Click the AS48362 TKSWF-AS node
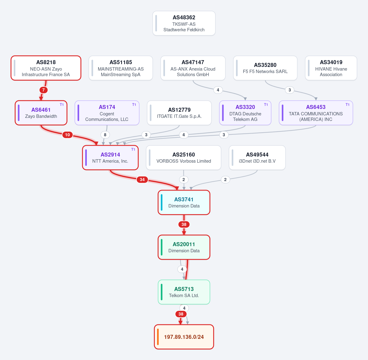pos(184,23)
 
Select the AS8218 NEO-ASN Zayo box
pos(46,68)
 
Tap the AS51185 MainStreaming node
pos(121,68)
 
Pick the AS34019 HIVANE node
pos(331,68)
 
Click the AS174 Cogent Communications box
pos(107,113)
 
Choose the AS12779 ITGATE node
pos(179,113)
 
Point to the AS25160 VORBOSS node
pos(183,158)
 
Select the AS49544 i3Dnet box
pos(257,158)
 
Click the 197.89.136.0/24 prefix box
pos(184,337)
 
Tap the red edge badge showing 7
pos(44,90)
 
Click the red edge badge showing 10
pos(67,135)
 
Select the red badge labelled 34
pos(142,180)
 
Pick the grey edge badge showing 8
pos(105,135)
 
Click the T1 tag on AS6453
pos(347,105)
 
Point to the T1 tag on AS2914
pos(133,149)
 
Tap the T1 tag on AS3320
pos(266,105)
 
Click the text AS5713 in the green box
pos(184,289)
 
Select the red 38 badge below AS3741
pos(184,224)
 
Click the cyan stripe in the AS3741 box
pos(162,202)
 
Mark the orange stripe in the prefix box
pos(158,337)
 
